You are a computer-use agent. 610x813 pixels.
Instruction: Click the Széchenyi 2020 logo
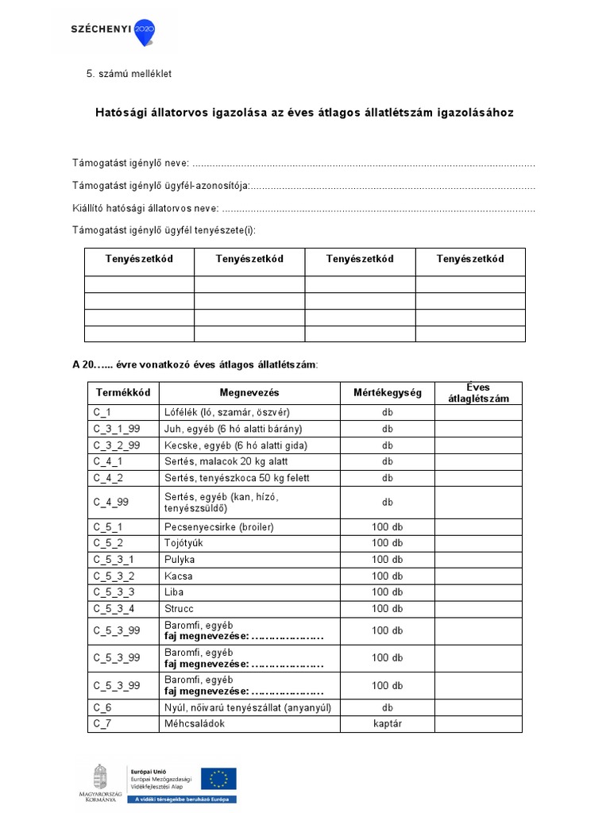coord(112,31)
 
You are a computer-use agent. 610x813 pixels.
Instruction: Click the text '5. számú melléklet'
coord(129,74)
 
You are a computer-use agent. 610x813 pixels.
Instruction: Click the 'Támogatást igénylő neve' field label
coord(131,163)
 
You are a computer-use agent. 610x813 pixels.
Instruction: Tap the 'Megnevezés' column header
coord(249,393)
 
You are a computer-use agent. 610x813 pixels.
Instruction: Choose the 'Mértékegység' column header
coord(388,393)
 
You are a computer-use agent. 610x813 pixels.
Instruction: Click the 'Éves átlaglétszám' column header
coord(478,393)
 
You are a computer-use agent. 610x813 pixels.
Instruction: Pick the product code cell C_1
coord(102,413)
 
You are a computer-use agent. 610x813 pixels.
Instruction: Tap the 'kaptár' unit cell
coord(388,722)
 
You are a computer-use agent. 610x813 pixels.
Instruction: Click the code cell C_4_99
coord(109,502)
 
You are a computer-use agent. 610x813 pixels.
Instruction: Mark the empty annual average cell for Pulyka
coord(478,560)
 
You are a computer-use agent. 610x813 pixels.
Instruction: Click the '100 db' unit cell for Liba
coord(388,592)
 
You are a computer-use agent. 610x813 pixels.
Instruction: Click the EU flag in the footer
coord(218,778)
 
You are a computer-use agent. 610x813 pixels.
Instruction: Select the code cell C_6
coord(102,707)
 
